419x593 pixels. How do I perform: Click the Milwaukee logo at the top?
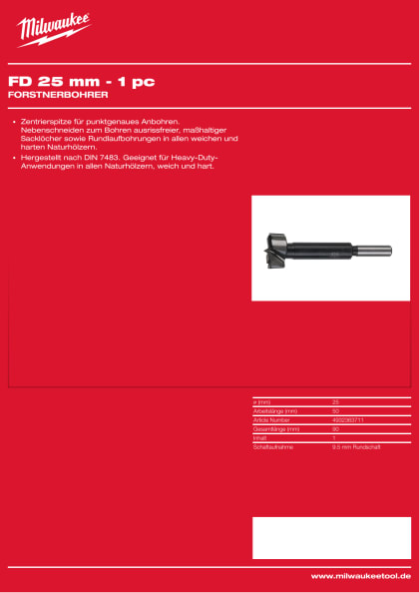point(53,29)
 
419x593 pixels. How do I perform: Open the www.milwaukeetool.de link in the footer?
point(360,576)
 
